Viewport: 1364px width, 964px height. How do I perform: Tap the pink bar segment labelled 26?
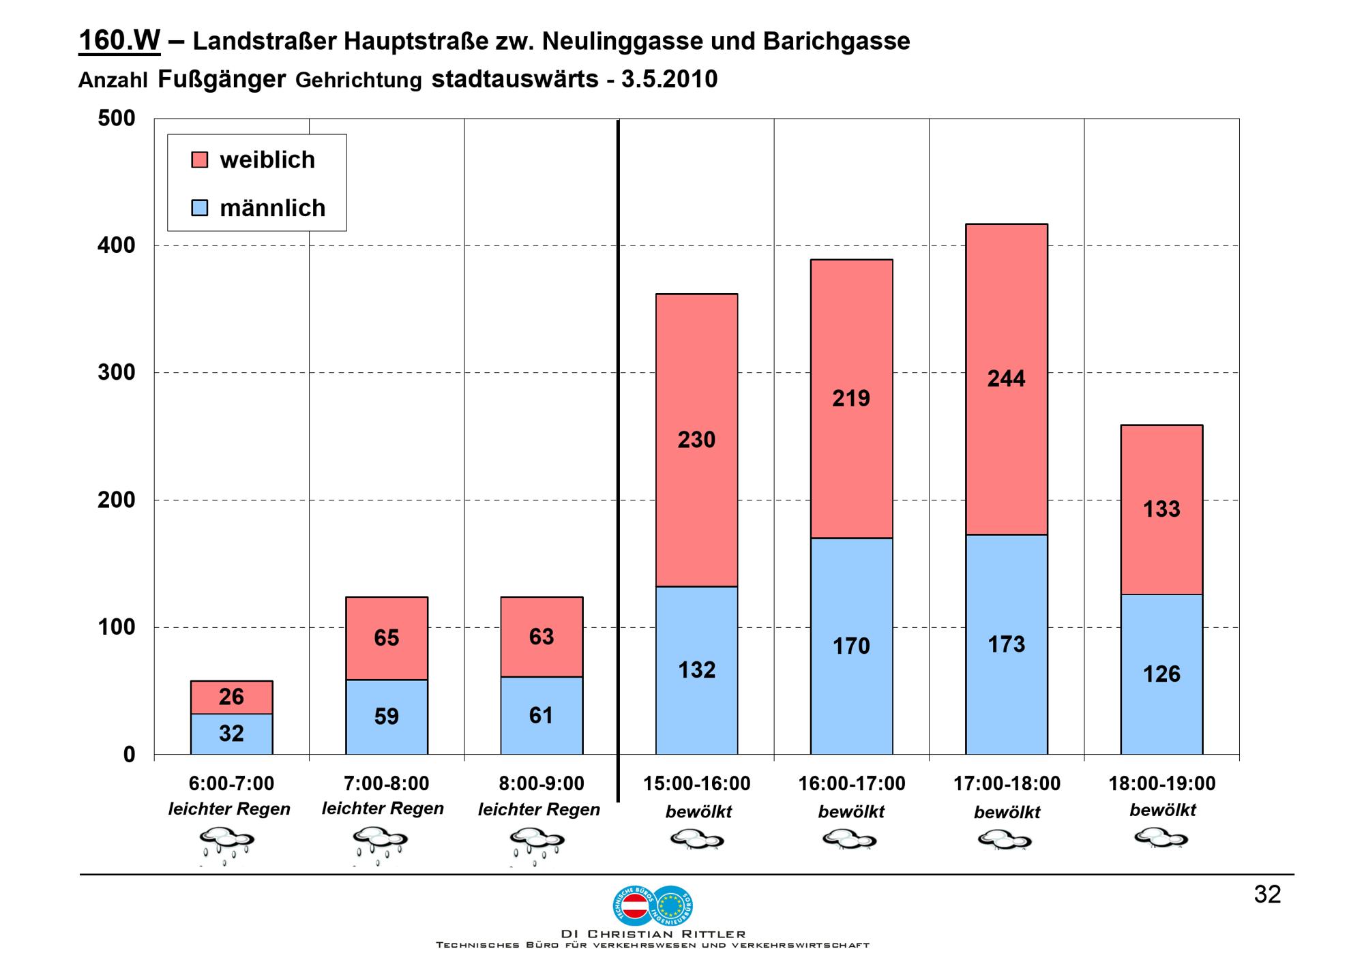(x=231, y=697)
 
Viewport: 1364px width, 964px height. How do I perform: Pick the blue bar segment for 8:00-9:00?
(x=542, y=716)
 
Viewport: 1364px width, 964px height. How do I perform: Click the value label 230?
(x=696, y=440)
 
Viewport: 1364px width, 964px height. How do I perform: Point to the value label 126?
(x=1161, y=674)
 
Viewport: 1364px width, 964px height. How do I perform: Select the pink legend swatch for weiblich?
(x=200, y=160)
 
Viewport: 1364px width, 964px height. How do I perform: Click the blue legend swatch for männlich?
(x=200, y=208)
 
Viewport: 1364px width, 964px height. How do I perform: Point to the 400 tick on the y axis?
(x=117, y=245)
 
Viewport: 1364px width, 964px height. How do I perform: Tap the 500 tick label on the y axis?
(x=117, y=119)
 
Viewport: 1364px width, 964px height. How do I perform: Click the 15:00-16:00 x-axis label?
(x=696, y=784)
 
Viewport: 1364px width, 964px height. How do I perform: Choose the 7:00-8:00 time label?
(x=386, y=784)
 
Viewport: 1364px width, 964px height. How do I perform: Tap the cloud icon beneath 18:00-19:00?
(x=1161, y=837)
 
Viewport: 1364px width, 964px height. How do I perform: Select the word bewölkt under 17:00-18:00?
(x=1007, y=813)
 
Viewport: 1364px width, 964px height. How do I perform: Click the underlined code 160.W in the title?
(x=119, y=41)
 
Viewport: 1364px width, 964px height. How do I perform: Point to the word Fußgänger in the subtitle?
(x=222, y=80)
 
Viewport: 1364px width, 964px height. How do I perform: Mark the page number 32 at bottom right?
(x=1267, y=894)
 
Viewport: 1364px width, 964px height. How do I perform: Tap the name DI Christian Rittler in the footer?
(x=653, y=934)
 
